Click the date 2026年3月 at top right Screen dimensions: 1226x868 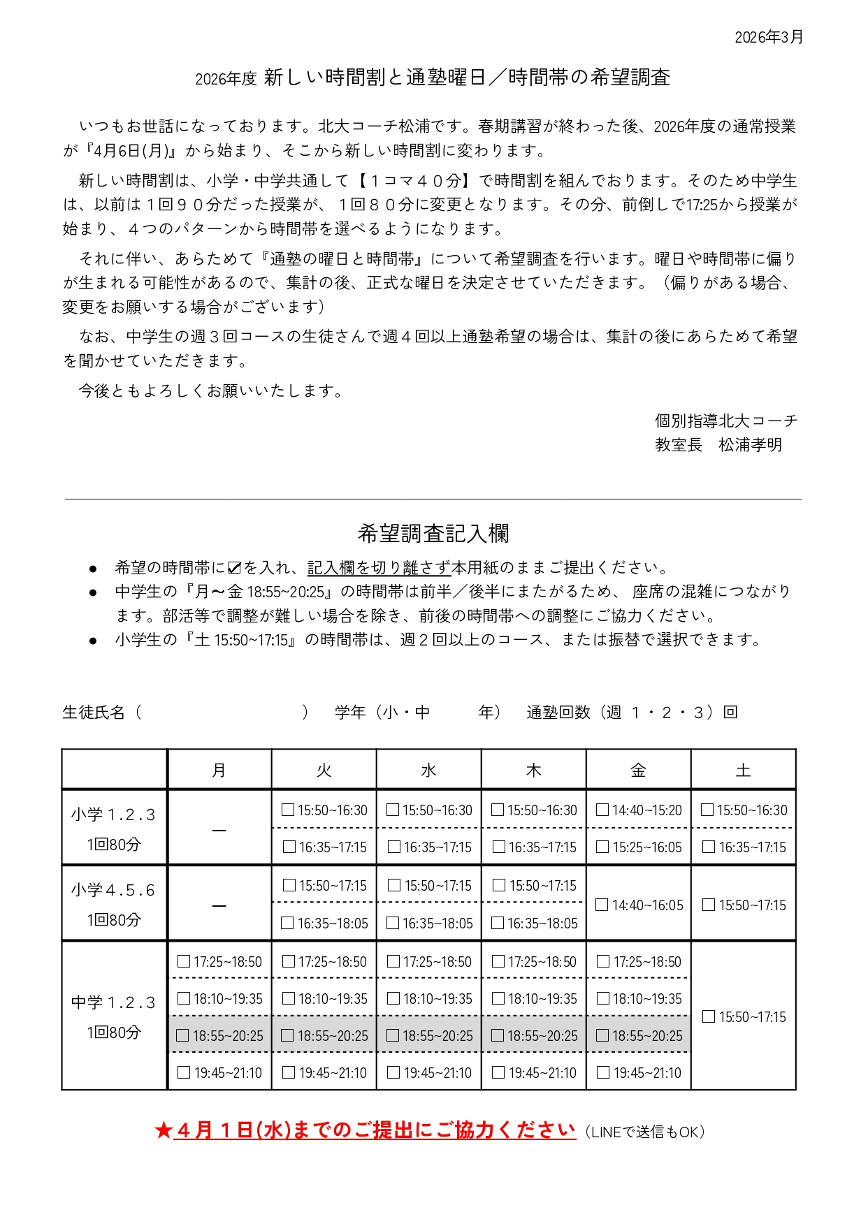click(768, 38)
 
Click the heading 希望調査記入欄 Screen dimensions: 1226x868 click(433, 534)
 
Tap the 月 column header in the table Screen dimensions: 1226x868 click(219, 770)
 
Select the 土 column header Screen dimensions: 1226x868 click(743, 770)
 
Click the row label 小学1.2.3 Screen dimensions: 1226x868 click(113, 815)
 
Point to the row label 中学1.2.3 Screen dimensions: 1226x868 click(113, 1002)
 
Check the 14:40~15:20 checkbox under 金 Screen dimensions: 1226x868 click(602, 810)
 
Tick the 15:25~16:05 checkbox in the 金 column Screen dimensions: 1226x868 click(602, 847)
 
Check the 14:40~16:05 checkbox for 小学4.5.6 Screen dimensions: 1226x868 click(602, 905)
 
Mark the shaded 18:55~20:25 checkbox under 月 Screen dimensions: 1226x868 click(183, 1035)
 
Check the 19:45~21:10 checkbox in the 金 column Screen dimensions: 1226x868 click(603, 1072)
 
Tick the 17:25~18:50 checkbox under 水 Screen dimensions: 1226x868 click(393, 961)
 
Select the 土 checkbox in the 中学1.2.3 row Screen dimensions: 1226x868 click(709, 1016)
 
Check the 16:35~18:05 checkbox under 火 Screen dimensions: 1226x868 click(287, 923)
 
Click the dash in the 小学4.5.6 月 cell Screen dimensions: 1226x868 click(219, 905)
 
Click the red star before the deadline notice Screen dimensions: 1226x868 click(164, 1130)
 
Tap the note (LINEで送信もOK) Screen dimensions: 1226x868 click(644, 1132)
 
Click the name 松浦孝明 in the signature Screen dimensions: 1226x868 click(750, 445)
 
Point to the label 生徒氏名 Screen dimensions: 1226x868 click(94, 712)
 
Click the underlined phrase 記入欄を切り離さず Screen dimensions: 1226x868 click(378, 568)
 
